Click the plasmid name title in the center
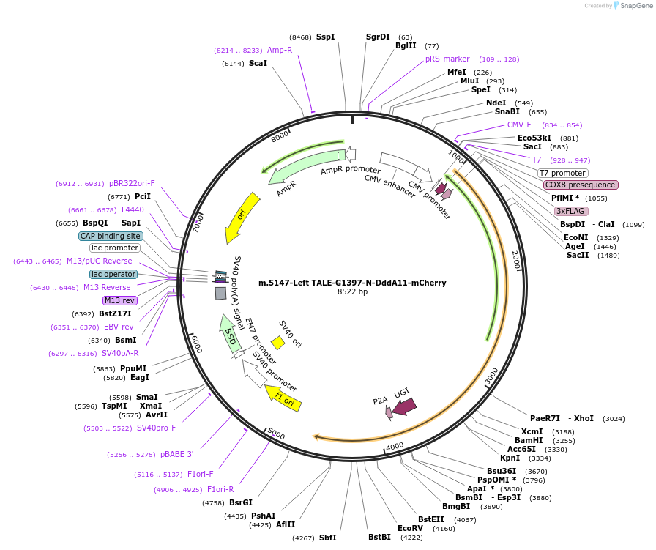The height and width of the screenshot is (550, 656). point(352,283)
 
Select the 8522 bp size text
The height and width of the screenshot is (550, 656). point(352,292)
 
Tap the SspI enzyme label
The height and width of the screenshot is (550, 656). point(326,37)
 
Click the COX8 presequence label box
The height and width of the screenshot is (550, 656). point(581,185)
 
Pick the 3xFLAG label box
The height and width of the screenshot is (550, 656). point(572,211)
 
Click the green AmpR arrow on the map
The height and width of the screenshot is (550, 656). point(300,167)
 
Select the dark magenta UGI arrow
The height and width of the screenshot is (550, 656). point(405,405)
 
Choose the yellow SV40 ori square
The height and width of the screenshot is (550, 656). point(278,342)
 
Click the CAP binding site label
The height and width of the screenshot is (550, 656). point(111,236)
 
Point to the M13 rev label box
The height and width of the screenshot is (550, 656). point(120,300)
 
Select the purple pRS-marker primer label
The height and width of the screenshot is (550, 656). point(447,59)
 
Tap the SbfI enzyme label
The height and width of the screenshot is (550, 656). point(327,538)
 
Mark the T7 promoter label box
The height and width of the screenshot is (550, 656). point(562,173)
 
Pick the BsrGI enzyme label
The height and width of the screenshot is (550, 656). point(241,502)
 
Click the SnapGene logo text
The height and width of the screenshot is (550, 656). point(634,6)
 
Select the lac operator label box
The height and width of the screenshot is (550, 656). point(113,274)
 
